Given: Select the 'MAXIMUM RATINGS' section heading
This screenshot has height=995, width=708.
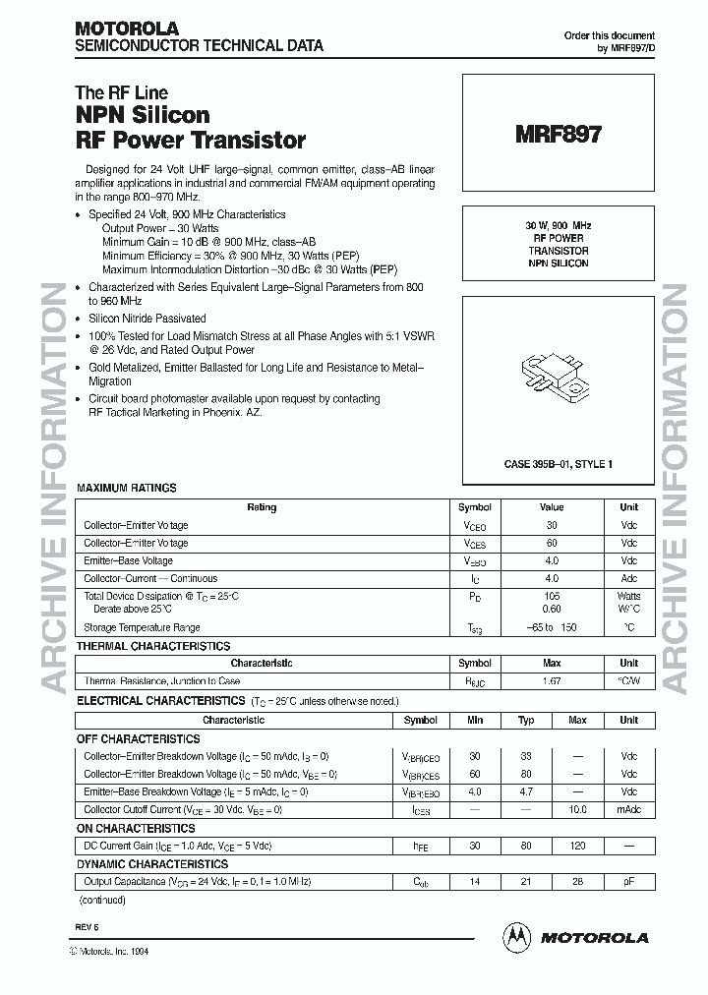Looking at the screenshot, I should click(x=127, y=488).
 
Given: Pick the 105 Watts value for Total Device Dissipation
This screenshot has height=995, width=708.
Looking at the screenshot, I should click(x=552, y=596).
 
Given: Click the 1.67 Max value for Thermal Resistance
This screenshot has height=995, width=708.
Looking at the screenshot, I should click(x=552, y=680).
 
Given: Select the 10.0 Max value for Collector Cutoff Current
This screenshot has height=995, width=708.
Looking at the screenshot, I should click(x=577, y=810).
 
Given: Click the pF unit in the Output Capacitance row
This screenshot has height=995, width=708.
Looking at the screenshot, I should click(x=628, y=883).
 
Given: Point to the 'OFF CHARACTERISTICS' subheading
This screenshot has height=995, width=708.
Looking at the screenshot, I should click(x=138, y=738).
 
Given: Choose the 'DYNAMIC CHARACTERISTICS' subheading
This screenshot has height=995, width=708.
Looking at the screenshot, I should click(x=150, y=865).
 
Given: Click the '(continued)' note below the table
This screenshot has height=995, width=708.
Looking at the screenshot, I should click(x=101, y=900).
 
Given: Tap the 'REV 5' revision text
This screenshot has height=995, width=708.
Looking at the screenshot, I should click(x=87, y=927).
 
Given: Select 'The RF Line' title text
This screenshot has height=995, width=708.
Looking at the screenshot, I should click(x=122, y=93).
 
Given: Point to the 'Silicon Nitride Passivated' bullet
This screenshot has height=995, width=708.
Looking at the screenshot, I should click(x=147, y=318).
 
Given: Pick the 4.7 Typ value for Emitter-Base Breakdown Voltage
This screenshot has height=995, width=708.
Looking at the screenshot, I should click(x=526, y=791).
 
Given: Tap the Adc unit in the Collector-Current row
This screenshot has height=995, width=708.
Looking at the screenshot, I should click(x=628, y=578).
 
